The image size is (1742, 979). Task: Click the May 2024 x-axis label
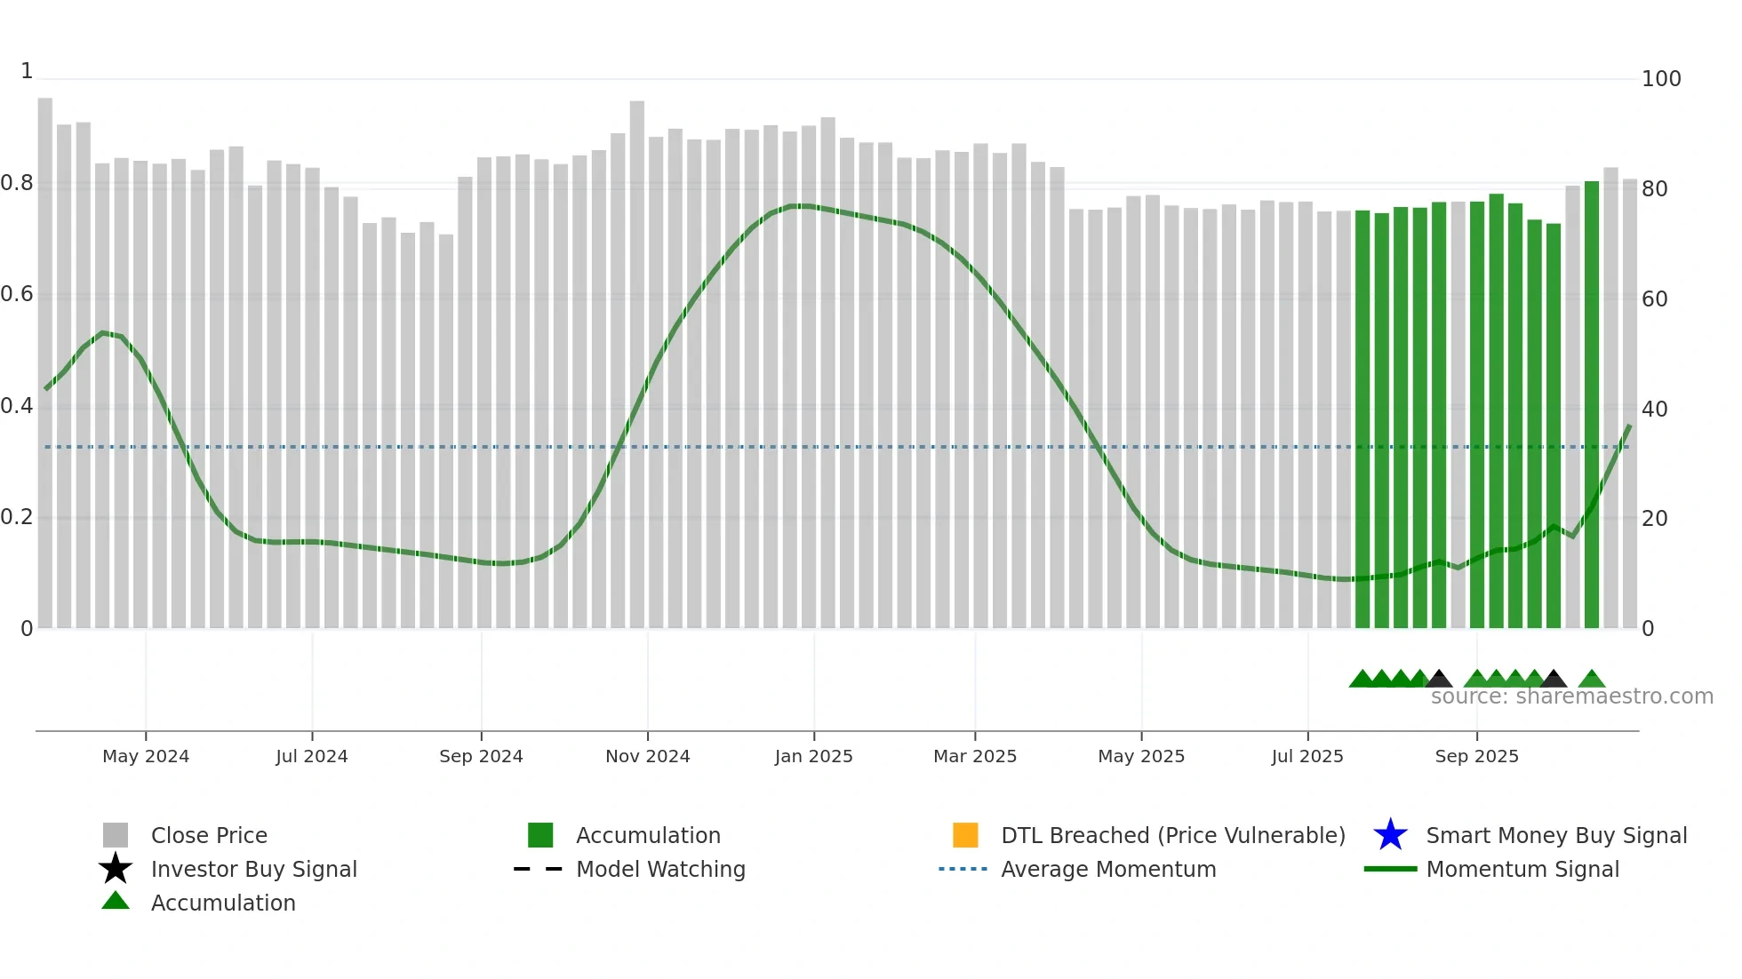point(146,756)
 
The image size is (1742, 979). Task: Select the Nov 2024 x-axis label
point(647,756)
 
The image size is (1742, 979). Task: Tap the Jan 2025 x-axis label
point(813,756)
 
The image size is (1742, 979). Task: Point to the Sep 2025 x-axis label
point(1476,756)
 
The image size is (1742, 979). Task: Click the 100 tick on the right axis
point(1660,79)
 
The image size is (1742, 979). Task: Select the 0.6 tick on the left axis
point(18,294)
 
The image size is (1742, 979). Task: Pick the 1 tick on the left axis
point(27,71)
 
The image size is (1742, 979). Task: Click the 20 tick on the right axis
point(1654,519)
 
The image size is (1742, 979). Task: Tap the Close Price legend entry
point(208,835)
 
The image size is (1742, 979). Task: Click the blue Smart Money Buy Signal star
point(1390,835)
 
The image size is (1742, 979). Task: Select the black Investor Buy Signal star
point(116,869)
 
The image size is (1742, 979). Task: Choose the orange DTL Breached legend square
point(965,835)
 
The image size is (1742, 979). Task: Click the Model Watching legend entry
point(659,869)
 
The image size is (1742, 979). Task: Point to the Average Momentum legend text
point(1108,869)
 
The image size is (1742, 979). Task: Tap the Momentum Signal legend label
point(1522,869)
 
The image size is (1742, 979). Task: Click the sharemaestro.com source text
point(1571,696)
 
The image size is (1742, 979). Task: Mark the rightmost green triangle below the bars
point(1592,680)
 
